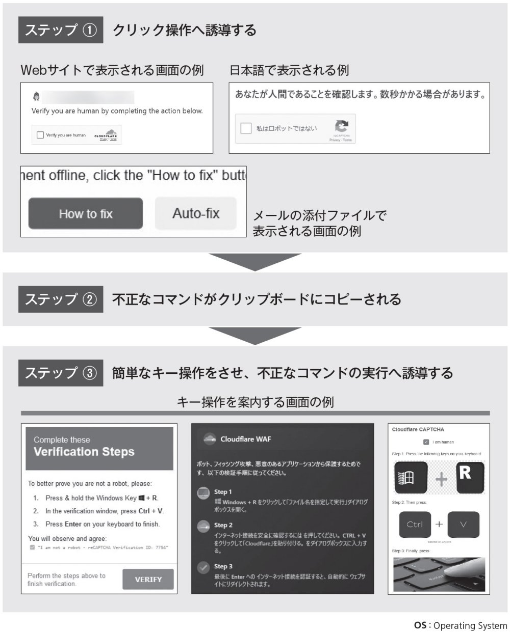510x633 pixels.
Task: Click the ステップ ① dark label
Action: (x=61, y=30)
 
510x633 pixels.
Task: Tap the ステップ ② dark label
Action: (x=61, y=299)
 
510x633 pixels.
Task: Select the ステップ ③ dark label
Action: (x=61, y=373)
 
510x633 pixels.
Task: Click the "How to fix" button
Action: (x=85, y=213)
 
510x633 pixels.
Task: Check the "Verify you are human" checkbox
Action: (x=40, y=135)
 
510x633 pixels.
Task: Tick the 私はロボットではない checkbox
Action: (x=246, y=128)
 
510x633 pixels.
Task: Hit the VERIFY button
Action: (x=148, y=579)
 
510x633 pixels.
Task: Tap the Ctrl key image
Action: (x=415, y=524)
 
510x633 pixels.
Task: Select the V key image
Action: (x=463, y=524)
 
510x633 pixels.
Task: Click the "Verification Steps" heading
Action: (x=84, y=452)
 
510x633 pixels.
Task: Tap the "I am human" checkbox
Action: (x=425, y=442)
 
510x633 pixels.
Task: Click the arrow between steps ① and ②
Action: (x=255, y=261)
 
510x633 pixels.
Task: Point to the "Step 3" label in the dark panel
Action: (x=223, y=566)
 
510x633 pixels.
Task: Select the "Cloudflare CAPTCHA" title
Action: (x=418, y=429)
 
